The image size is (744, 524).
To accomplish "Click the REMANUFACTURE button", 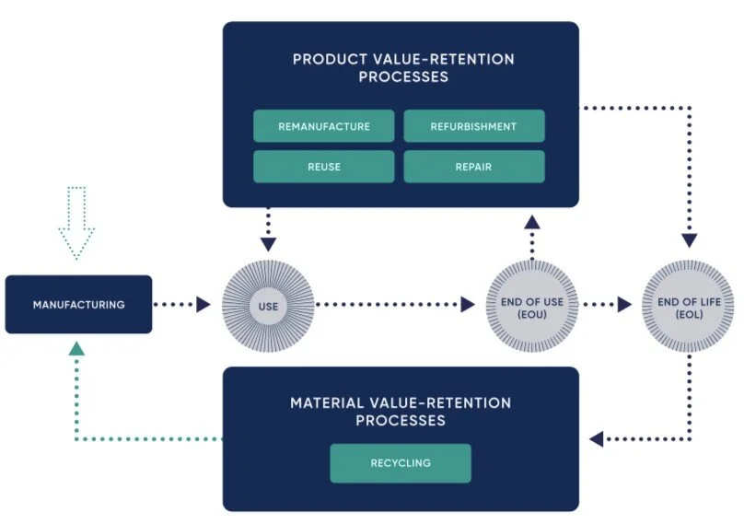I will point(323,126).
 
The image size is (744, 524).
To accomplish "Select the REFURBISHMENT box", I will point(473,126).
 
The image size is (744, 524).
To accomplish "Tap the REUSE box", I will point(323,167).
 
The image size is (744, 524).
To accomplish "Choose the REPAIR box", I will point(473,167).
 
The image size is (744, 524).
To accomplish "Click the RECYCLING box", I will point(401,463).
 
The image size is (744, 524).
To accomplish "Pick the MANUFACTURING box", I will point(78,304).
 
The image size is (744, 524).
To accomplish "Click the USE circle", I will point(268,304).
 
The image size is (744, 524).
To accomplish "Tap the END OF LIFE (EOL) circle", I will point(689,304).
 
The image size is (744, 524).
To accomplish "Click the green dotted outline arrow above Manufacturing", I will point(77,222).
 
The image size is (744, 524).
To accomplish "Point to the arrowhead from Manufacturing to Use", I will point(203,304).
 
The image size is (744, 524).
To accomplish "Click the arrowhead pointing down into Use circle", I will point(268,245).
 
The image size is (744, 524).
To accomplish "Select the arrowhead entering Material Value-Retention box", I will point(596,439).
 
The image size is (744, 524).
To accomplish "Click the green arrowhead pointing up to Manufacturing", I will point(77,348).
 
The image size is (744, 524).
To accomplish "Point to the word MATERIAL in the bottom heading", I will point(326,403).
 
